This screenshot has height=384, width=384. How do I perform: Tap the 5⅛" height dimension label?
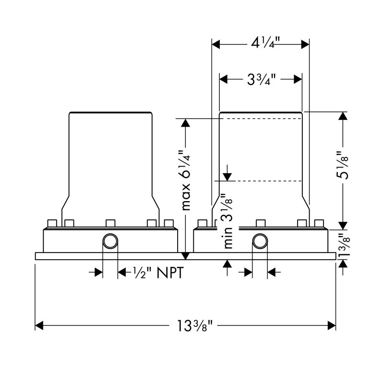coord(343,165)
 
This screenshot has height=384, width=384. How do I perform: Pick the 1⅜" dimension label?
coord(344,245)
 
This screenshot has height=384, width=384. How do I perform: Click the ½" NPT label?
coord(158,272)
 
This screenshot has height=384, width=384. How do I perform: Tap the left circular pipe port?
coord(110,241)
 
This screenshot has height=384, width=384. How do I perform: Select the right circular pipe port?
coord(260,241)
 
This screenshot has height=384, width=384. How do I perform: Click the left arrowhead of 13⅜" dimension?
coord(39,326)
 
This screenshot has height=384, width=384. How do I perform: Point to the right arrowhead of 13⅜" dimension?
coord(331,326)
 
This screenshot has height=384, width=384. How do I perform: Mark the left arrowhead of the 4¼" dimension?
coord(216,44)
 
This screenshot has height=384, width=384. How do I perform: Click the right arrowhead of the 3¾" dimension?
coord(298,79)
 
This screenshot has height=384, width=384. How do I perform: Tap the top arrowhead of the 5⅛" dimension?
coord(343,116)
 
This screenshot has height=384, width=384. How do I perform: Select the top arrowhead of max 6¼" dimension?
coord(185,123)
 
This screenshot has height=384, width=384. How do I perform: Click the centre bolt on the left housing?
coord(110,223)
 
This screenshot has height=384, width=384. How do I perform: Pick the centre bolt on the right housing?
coord(261,223)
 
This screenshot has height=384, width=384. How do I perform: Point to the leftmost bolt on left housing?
coord(52,223)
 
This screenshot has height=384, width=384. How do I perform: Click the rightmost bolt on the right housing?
coord(319,223)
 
